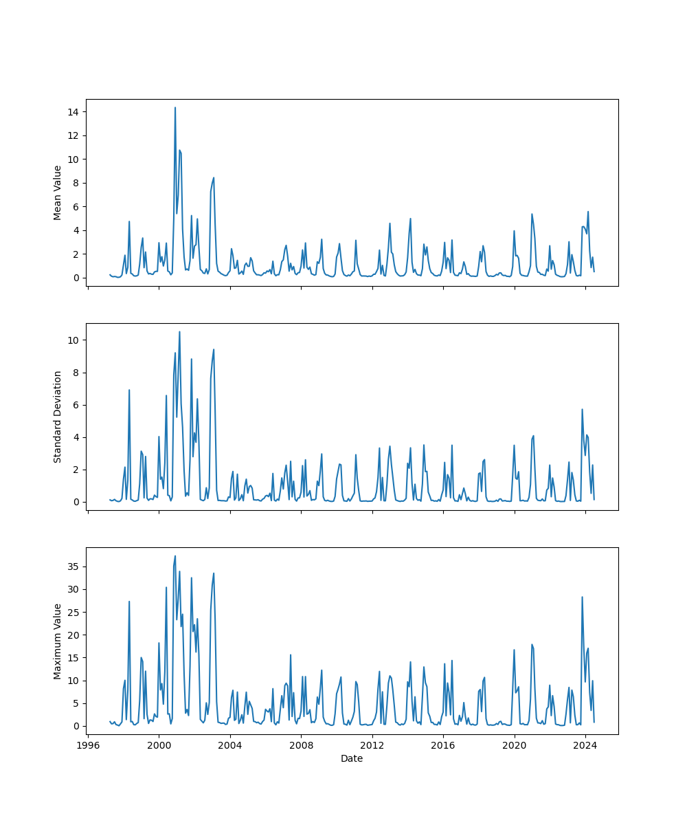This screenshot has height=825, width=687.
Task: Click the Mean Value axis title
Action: (58, 192)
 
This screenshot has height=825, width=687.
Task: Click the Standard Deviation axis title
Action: (58, 417)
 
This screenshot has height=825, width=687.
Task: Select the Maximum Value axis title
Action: (58, 641)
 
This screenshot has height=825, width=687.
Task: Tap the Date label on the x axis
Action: (352, 758)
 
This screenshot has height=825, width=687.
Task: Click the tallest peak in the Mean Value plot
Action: (175, 108)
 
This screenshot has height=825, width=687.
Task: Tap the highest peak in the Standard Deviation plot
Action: (179, 332)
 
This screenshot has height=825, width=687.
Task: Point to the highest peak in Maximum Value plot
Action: (175, 556)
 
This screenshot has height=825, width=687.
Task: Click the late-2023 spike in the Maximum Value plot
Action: (582, 597)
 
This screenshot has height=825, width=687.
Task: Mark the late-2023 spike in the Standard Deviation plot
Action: (582, 410)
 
